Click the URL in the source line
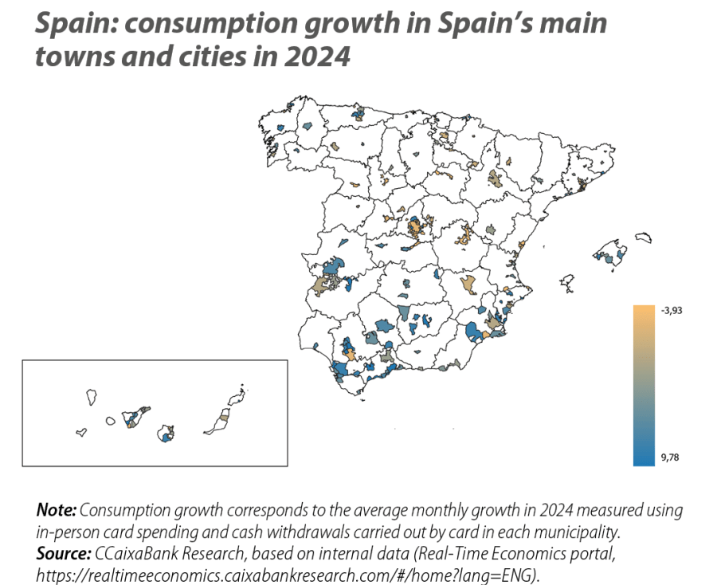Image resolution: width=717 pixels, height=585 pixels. [x=287, y=573]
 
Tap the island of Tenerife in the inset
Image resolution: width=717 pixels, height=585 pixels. [x=132, y=418]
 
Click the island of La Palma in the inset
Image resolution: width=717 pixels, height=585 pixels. [x=91, y=395]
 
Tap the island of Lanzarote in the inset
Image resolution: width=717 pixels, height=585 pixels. [x=236, y=395]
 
